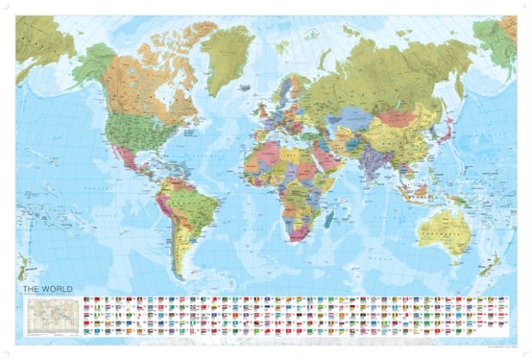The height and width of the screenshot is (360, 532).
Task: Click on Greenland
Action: (x=231, y=58)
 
